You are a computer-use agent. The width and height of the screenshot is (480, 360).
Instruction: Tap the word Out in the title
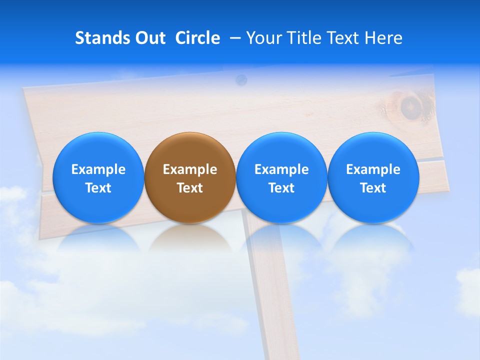point(150,38)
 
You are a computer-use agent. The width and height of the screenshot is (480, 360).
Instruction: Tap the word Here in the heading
point(384,38)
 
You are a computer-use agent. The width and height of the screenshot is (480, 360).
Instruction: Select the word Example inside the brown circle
point(190,169)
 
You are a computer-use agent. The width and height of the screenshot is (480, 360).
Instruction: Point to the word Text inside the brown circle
point(190,188)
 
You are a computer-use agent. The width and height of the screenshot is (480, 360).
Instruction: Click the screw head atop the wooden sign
point(241,78)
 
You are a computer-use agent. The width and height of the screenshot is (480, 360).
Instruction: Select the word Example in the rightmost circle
point(373,169)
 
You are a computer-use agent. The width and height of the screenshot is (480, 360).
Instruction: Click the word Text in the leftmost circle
point(98,188)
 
